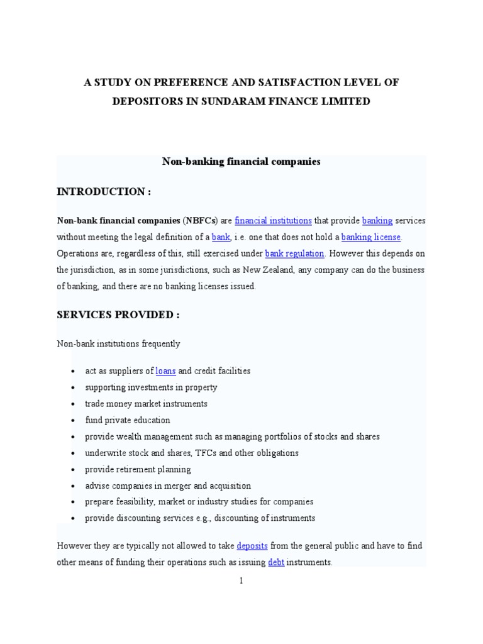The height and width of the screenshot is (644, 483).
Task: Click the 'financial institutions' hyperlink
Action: click(273, 221)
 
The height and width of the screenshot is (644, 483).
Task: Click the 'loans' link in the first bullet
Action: click(165, 371)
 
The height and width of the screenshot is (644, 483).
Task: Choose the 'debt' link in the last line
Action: click(276, 562)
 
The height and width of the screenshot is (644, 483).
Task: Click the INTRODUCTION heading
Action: click(104, 192)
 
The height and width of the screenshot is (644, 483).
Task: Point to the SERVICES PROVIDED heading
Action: click(118, 315)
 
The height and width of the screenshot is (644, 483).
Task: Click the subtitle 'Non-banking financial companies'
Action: click(241, 162)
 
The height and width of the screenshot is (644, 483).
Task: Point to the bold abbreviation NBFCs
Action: click(199, 221)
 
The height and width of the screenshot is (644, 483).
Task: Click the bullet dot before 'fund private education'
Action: click(74, 421)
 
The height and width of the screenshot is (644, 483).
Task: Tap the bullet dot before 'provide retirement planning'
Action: click(74, 470)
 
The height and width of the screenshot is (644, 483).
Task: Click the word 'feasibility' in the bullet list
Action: click(136, 502)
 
